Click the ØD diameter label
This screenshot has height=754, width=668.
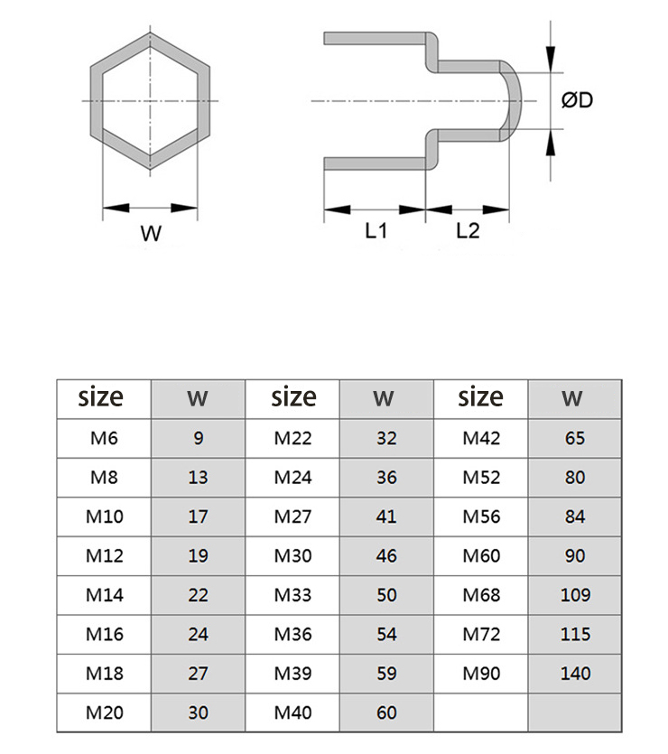577,100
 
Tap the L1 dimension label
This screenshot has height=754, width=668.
376,231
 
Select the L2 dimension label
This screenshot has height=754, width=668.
468,231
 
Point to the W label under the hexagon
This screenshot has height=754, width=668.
151,233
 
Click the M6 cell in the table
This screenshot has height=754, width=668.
104,438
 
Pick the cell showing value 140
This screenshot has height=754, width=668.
575,674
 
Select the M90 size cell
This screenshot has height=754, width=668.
481,674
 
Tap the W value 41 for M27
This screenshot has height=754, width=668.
386,517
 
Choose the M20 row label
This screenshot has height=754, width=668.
105,712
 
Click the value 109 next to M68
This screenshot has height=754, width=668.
575,595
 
